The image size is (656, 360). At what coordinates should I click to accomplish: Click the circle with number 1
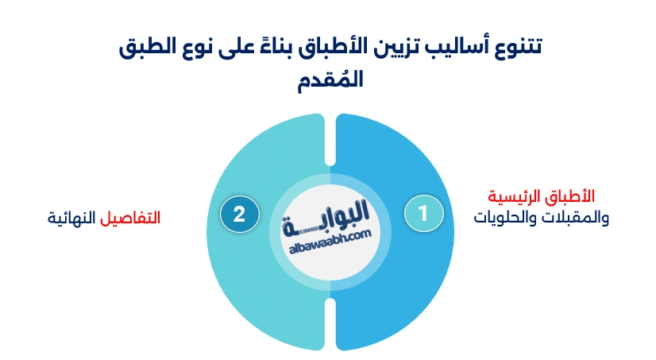point(423,213)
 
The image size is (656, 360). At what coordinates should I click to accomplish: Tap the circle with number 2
point(238,213)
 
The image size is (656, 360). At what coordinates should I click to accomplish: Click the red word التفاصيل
point(131,217)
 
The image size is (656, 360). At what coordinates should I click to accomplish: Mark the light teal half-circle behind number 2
point(254,302)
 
